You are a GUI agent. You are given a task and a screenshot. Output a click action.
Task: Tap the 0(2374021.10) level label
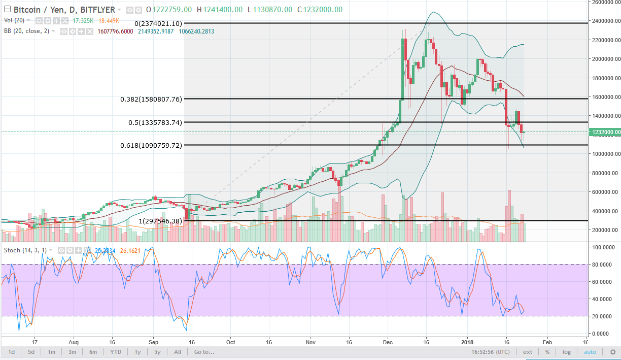point(158,23)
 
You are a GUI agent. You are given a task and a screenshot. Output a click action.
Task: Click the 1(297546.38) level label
point(160,221)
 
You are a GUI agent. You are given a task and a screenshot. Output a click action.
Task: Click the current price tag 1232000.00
point(604,132)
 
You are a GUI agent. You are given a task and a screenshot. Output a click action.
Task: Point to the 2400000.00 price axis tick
point(605,21)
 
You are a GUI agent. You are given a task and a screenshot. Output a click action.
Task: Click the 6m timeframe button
point(93,352)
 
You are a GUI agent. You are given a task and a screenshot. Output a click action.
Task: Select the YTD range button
point(116,352)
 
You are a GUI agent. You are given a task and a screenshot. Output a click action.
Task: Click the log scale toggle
point(567,352)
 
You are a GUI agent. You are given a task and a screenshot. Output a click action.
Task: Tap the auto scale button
point(590,352)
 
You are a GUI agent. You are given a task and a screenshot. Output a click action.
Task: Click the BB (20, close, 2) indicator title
point(29,31)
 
